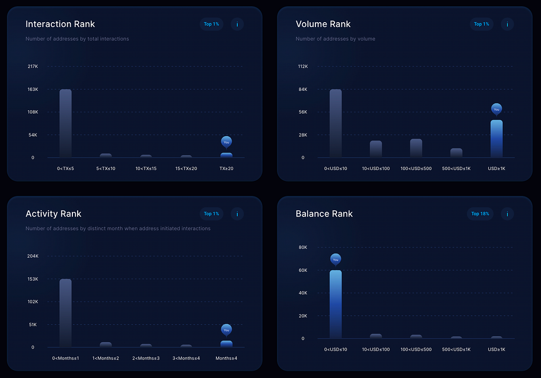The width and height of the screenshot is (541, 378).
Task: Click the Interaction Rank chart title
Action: click(60, 24)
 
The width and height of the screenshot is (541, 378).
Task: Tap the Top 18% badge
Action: click(480, 214)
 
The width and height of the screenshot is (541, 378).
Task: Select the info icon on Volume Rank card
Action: click(507, 24)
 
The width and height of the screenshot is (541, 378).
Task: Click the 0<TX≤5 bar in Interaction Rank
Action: click(66, 124)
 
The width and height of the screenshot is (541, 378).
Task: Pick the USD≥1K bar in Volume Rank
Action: click(497, 139)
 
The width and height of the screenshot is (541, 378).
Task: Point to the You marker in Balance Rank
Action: click(335, 259)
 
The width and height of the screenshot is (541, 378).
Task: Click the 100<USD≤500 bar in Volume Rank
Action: click(416, 148)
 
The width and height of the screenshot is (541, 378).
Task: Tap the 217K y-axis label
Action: click(33, 66)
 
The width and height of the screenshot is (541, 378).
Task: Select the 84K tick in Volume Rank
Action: click(303, 89)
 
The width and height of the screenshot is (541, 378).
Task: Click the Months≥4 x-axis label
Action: click(226, 358)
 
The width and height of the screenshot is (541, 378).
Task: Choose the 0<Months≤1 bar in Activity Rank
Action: click(66, 313)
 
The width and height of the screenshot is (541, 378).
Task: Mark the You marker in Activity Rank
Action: click(226, 330)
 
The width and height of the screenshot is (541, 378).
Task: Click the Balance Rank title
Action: click(324, 214)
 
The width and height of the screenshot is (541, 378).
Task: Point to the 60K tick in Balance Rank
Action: click(303, 270)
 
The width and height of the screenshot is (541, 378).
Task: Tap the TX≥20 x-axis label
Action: click(226, 168)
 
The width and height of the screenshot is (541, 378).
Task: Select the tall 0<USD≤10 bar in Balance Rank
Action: click(335, 304)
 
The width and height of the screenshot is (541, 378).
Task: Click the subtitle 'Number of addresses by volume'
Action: click(335, 39)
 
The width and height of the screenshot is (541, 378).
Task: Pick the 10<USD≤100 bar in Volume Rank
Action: click(376, 149)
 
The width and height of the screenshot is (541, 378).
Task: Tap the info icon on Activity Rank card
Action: click(237, 214)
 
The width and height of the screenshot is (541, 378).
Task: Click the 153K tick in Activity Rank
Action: click(33, 279)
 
